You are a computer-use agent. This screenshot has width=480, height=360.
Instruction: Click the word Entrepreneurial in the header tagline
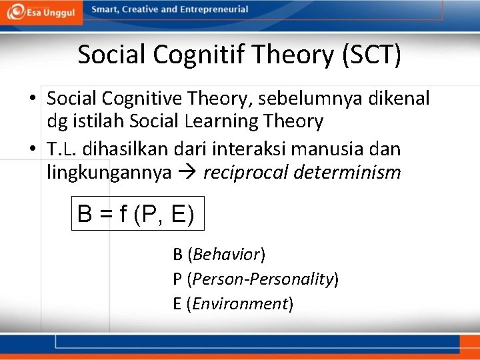point(213,9)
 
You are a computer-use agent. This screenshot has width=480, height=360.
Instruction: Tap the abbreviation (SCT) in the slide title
point(371,55)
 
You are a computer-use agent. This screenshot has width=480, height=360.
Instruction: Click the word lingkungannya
point(109,172)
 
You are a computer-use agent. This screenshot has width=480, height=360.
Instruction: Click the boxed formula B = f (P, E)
point(136,213)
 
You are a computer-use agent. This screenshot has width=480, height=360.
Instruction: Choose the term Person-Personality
point(263,279)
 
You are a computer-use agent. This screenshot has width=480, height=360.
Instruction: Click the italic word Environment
point(240,303)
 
